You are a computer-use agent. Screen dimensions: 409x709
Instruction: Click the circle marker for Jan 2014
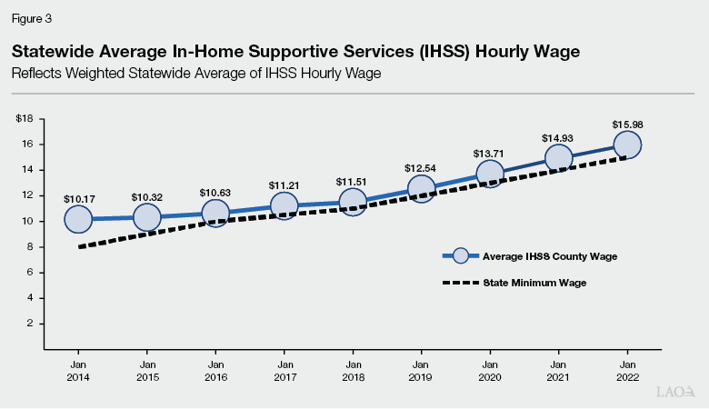point(78,219)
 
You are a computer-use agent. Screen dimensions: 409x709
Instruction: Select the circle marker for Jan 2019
point(421,189)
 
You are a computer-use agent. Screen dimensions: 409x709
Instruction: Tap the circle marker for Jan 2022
point(627,145)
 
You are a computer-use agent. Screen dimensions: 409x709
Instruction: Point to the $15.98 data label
point(627,124)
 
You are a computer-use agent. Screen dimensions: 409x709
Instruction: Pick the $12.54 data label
point(421,168)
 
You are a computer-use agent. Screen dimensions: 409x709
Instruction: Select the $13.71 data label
point(489,154)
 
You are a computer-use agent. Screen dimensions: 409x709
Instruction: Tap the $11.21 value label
point(284,185)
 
